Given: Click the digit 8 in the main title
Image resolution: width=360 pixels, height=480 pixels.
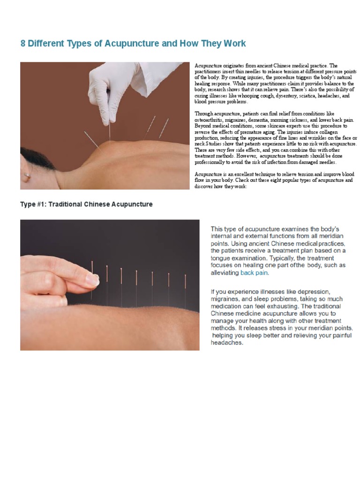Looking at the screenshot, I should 23,44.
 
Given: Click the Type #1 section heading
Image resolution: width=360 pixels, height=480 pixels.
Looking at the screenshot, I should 86,205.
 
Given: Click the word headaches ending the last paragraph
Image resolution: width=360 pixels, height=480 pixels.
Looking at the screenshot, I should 227,343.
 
